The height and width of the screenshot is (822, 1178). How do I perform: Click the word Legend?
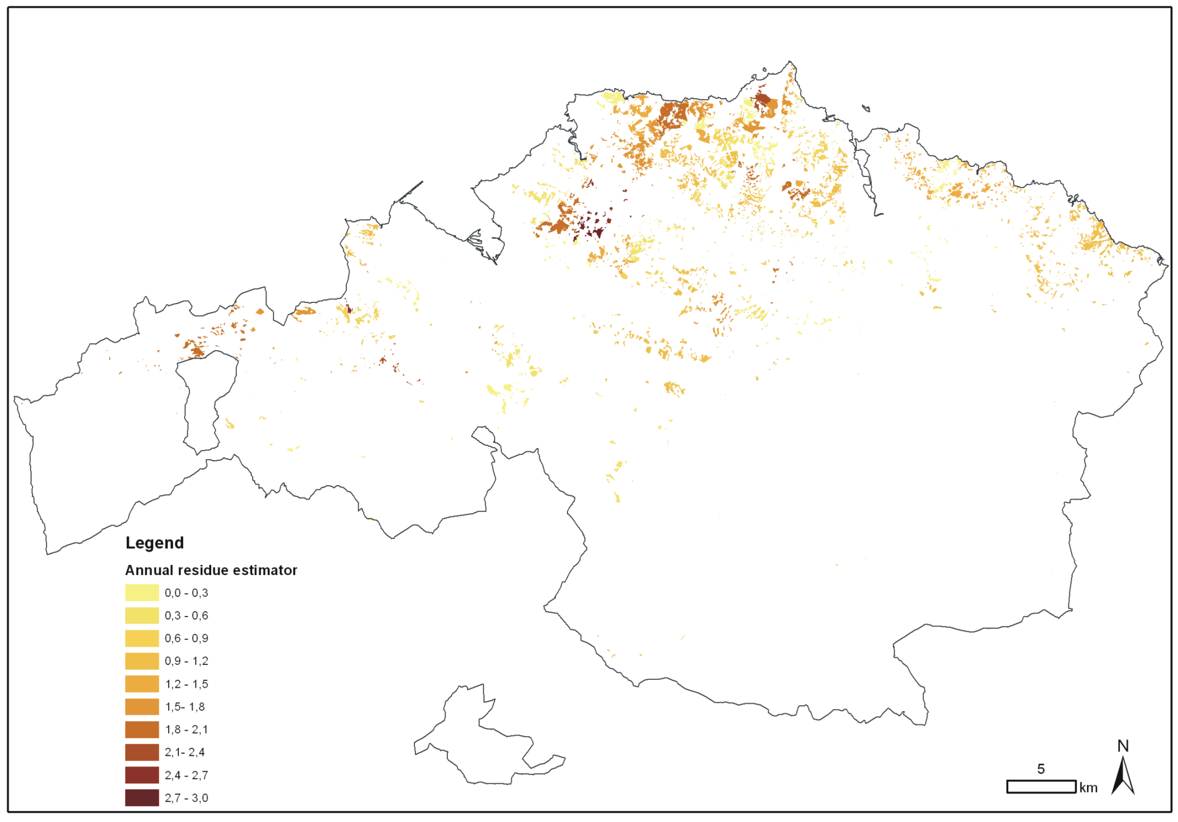coord(155,543)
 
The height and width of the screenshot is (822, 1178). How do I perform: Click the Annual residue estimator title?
coord(211,570)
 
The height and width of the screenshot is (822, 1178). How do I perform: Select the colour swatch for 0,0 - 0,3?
coord(142,593)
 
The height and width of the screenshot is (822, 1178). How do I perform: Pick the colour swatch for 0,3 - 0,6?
coord(142,616)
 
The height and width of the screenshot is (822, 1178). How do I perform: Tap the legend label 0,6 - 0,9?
coord(186,638)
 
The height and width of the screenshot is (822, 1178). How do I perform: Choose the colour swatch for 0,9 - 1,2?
coord(142,661)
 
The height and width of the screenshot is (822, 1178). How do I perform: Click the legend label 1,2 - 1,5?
coord(186,684)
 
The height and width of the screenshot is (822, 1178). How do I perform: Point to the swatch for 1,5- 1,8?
coord(142,706)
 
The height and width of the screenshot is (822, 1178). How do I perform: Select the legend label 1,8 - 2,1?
coord(186,730)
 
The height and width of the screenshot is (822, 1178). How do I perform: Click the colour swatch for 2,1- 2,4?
coord(142,752)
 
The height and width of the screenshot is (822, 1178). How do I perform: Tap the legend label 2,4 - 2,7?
coord(186,775)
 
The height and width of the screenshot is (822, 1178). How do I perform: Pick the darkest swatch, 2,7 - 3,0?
coord(142,798)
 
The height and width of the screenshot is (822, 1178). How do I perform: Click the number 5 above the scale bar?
coord(1040,769)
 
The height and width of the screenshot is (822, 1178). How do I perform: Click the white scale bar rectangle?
coord(1041,787)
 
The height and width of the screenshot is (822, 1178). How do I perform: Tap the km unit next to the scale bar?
coord(1088,788)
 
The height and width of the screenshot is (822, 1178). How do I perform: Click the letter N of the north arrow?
coord(1123,746)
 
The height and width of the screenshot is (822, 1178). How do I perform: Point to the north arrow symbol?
coord(1123,777)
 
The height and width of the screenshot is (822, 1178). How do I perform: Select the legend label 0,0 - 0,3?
coord(186,593)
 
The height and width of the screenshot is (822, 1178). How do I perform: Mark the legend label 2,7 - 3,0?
coord(186,798)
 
